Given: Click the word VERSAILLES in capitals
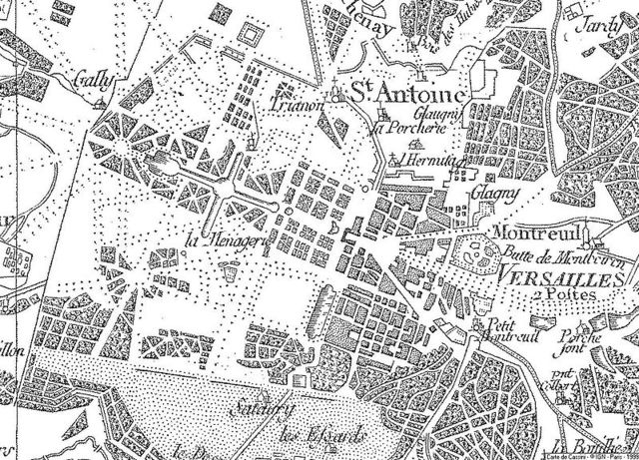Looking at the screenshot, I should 545,275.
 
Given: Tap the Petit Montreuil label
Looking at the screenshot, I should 504,332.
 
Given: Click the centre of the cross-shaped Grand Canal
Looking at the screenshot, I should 231,190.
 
